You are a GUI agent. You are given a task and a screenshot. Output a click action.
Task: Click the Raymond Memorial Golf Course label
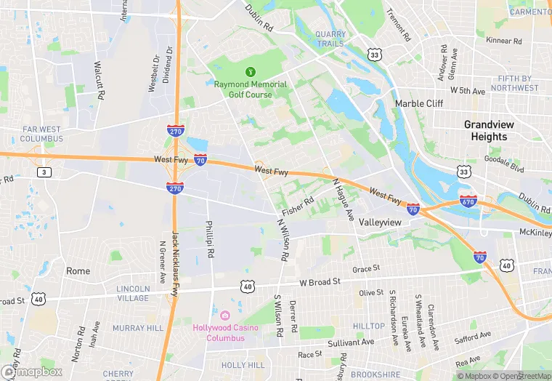click(x=251, y=89)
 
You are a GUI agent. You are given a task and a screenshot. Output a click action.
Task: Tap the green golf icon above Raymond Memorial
click(x=251, y=71)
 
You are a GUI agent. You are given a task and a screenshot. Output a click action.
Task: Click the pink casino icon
click(x=225, y=315)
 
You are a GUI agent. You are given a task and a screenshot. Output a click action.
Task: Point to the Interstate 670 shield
click(x=468, y=201)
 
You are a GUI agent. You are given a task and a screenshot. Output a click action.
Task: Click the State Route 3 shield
click(x=45, y=172)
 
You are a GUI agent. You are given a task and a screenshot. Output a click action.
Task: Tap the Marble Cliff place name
click(x=418, y=104)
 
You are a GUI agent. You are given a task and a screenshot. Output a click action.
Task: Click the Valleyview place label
click(x=381, y=222)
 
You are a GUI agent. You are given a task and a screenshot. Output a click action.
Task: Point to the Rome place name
click(x=78, y=271)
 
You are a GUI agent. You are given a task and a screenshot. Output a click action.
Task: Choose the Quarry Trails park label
click(x=330, y=39)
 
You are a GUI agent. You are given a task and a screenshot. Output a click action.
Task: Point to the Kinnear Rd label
click(x=505, y=41)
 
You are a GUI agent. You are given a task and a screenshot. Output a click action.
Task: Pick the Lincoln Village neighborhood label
click(x=133, y=293)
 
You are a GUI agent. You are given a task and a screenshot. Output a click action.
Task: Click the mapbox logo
click(x=31, y=372)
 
